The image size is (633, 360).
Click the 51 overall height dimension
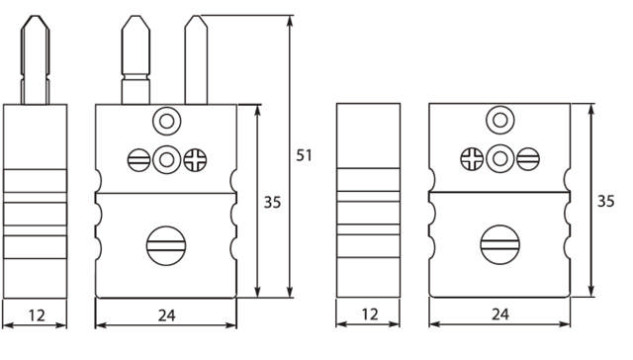pyautogui.click(x=305, y=154)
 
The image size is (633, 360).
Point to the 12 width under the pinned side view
pyautogui.click(x=35, y=316)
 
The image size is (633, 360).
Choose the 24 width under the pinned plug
pyautogui.click(x=166, y=316)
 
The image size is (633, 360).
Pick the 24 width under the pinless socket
pyautogui.click(x=499, y=316)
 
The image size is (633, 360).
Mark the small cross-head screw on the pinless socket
pyautogui.click(x=473, y=157)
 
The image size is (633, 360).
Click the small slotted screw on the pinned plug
pyautogui.click(x=138, y=157)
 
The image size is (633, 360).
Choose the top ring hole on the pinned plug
pyautogui.click(x=165, y=122)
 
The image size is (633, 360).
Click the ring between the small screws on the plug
pyautogui.click(x=165, y=157)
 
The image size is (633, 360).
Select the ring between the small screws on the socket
pyautogui.click(x=499, y=157)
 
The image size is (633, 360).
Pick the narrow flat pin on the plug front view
pyautogui.click(x=193, y=59)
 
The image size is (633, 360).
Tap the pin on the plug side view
pyautogui.click(x=35, y=59)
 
